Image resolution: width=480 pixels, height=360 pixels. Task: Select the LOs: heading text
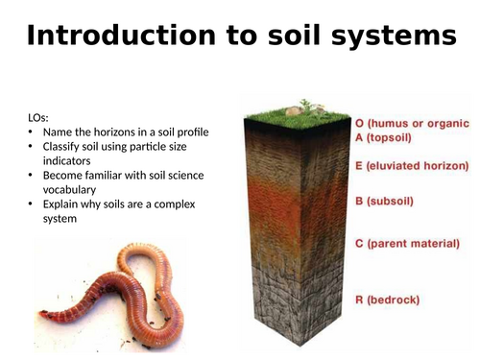pyautogui.click(x=42, y=117)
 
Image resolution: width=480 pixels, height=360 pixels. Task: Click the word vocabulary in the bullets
pyautogui.click(x=74, y=189)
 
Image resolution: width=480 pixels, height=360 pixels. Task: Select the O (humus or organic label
pyautogui.click(x=414, y=123)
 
